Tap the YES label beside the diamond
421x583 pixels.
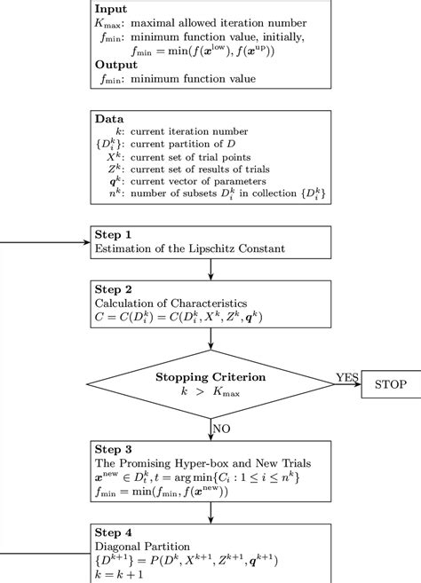pos(347,378)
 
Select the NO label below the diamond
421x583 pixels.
pos(221,428)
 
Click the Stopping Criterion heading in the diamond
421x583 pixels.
pos(210,376)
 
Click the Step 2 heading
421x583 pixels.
pos(113,290)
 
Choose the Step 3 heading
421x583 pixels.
pos(113,449)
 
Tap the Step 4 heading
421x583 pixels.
pos(113,532)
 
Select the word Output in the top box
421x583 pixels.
pos(115,65)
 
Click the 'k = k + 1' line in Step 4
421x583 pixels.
pos(119,575)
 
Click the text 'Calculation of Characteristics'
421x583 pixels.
pos(167,303)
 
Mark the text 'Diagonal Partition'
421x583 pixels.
pos(141,546)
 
